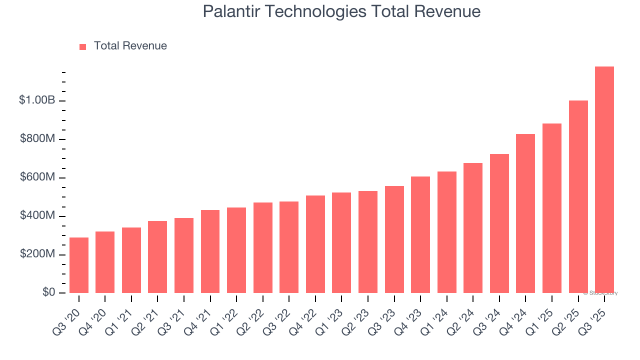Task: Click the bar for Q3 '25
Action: [x=604, y=180]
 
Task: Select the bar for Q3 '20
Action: [x=79, y=265]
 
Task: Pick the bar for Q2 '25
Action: [x=578, y=197]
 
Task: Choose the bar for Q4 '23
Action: [x=420, y=235]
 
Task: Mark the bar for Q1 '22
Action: [x=236, y=250]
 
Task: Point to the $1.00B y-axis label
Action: [x=37, y=100]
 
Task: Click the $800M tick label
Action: [x=37, y=139]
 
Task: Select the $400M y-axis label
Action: [x=37, y=216]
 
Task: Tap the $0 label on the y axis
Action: [x=48, y=292]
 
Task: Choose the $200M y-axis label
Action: [x=37, y=254]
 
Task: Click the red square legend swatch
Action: [x=83, y=47]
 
